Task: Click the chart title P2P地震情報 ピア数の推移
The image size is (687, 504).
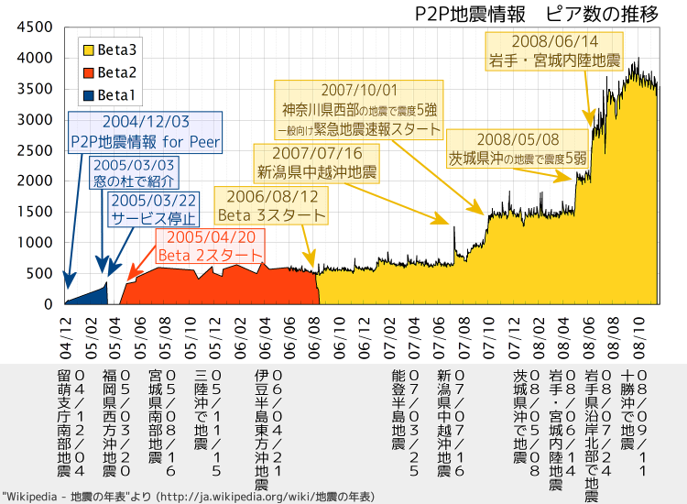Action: tap(536, 15)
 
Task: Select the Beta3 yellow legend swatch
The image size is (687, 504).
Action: tap(89, 50)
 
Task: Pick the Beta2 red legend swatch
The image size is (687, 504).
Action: tap(89, 72)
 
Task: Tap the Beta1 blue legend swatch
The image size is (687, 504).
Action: tap(89, 95)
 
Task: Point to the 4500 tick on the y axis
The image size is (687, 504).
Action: tap(35, 27)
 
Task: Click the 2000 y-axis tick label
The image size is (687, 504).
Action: tap(35, 181)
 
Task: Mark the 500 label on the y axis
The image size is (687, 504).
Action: tap(39, 273)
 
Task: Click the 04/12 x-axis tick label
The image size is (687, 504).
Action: tap(65, 338)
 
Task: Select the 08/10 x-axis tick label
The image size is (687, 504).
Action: tap(638, 338)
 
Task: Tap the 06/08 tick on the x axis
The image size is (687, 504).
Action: tap(314, 338)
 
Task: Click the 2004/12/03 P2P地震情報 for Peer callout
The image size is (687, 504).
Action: tap(145, 132)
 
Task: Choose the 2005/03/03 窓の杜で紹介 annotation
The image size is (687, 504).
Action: tap(134, 172)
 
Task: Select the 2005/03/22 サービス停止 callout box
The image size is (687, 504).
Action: tap(153, 209)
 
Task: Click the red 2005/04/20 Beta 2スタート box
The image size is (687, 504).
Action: tap(211, 246)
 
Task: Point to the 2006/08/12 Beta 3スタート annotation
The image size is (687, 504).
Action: tap(271, 205)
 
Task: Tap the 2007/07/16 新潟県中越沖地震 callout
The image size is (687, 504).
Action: tap(317, 163)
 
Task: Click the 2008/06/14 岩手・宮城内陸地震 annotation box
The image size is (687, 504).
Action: tap(554, 51)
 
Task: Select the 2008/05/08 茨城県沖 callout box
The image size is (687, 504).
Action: tap(518, 149)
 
